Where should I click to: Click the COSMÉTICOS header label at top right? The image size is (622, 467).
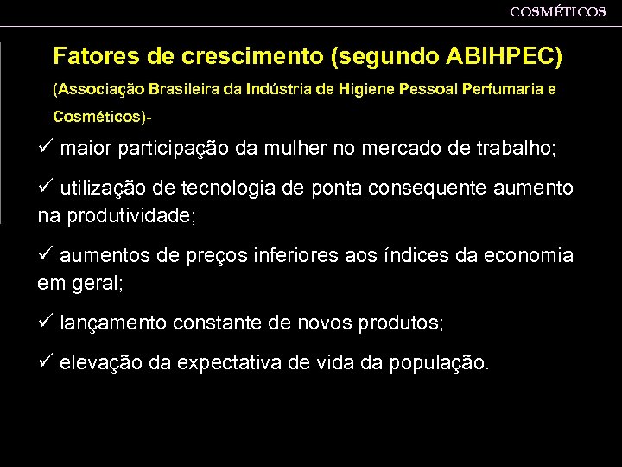pos(557,11)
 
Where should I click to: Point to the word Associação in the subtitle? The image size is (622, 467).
pos(99,89)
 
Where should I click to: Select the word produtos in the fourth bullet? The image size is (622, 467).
pos(398,323)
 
